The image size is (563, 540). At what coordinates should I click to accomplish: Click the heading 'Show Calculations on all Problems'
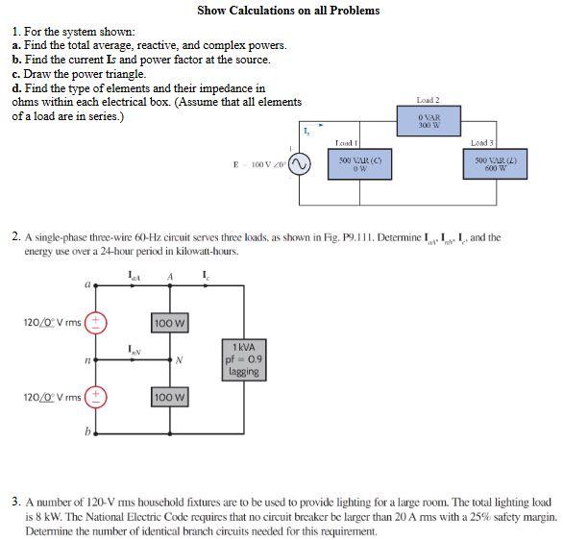tap(288, 11)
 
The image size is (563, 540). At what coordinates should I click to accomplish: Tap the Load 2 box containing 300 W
tap(428, 120)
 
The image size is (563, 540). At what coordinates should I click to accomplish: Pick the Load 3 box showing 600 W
tap(496, 164)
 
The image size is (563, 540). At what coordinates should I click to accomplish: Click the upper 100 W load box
tap(168, 322)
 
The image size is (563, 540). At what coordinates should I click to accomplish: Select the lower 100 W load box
tap(168, 396)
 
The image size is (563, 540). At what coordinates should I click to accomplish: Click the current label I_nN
tap(135, 348)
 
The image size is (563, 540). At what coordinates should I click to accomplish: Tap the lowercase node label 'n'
tap(86, 359)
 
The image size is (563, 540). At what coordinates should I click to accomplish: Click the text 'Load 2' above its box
tap(428, 100)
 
